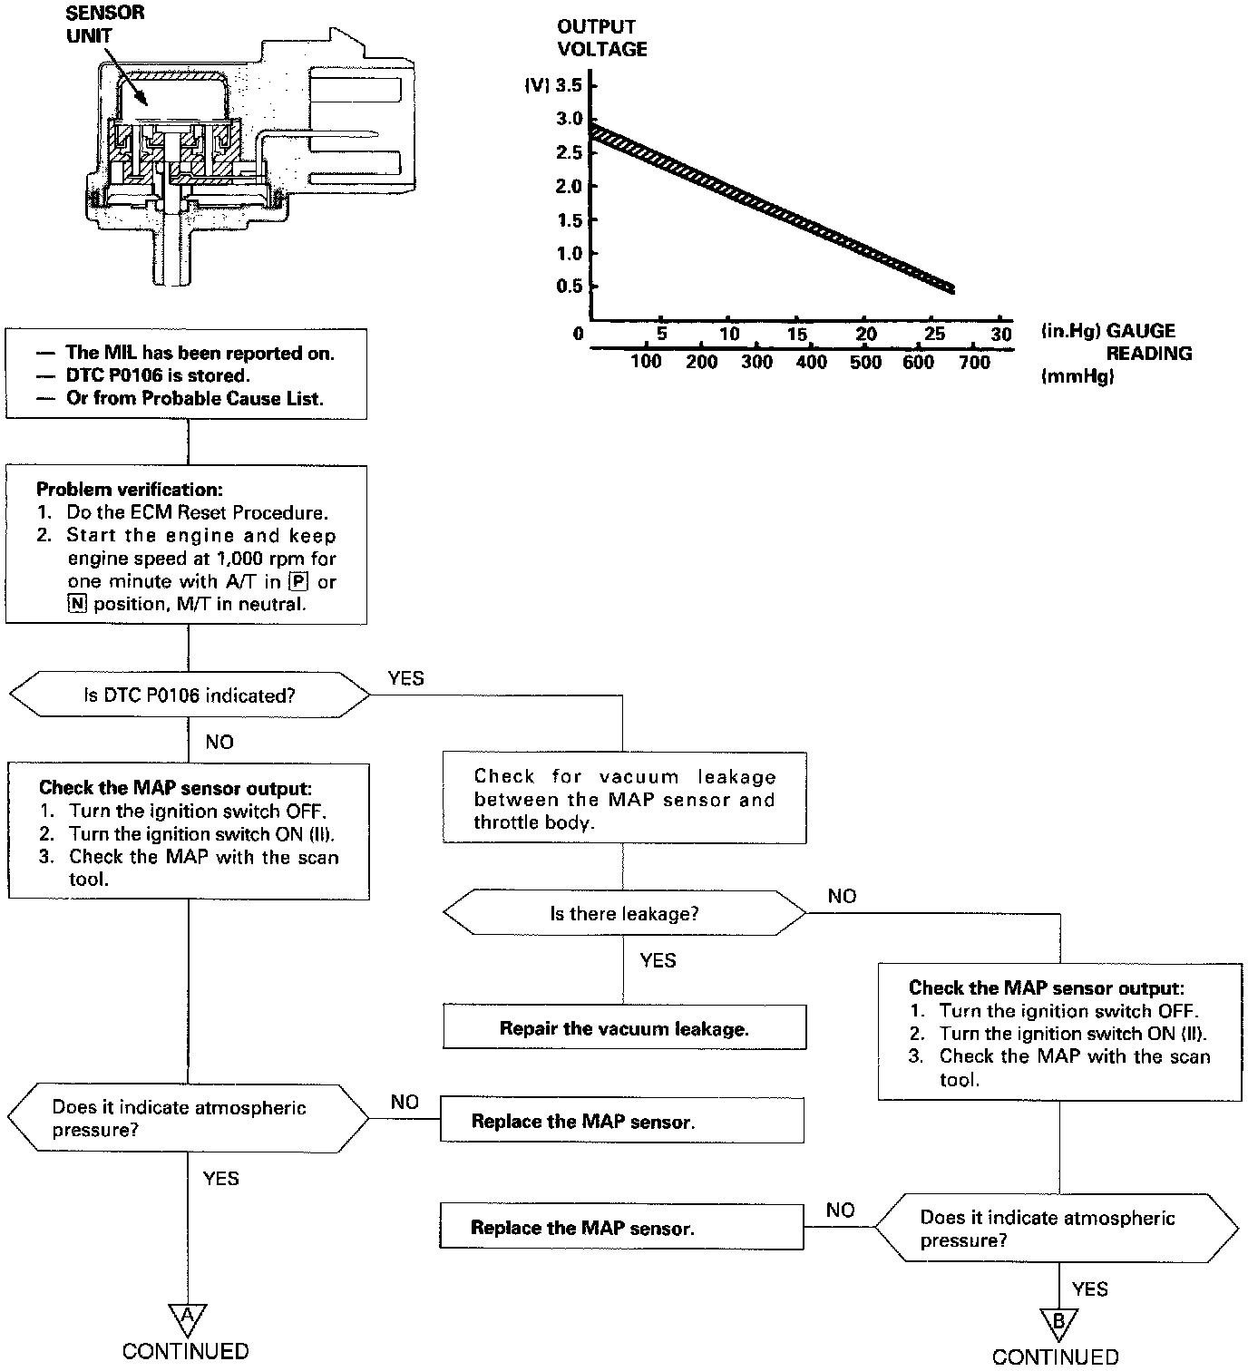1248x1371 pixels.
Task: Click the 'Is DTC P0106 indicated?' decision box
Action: point(189,695)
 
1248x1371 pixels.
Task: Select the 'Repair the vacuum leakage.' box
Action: point(624,1028)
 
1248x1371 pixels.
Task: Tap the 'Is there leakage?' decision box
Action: point(624,913)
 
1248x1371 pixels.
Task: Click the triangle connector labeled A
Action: point(187,1316)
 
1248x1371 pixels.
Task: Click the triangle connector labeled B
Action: point(1058,1321)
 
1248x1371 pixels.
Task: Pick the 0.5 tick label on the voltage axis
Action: point(568,287)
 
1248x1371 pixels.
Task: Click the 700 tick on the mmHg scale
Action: point(974,363)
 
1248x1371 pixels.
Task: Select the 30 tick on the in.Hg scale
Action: point(1000,334)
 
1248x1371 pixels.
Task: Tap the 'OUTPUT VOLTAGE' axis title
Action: point(602,38)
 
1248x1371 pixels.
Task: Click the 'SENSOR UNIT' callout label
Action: point(103,25)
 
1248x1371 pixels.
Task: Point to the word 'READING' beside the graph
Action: point(1148,354)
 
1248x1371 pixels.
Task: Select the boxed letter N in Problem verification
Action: point(75,605)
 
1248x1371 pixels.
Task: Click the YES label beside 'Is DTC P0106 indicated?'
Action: point(405,678)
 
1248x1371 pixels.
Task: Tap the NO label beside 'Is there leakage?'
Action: point(842,897)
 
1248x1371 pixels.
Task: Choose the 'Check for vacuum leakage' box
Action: point(624,799)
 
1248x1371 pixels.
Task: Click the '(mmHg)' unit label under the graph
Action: point(1077,376)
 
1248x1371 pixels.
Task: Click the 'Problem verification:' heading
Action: point(129,490)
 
